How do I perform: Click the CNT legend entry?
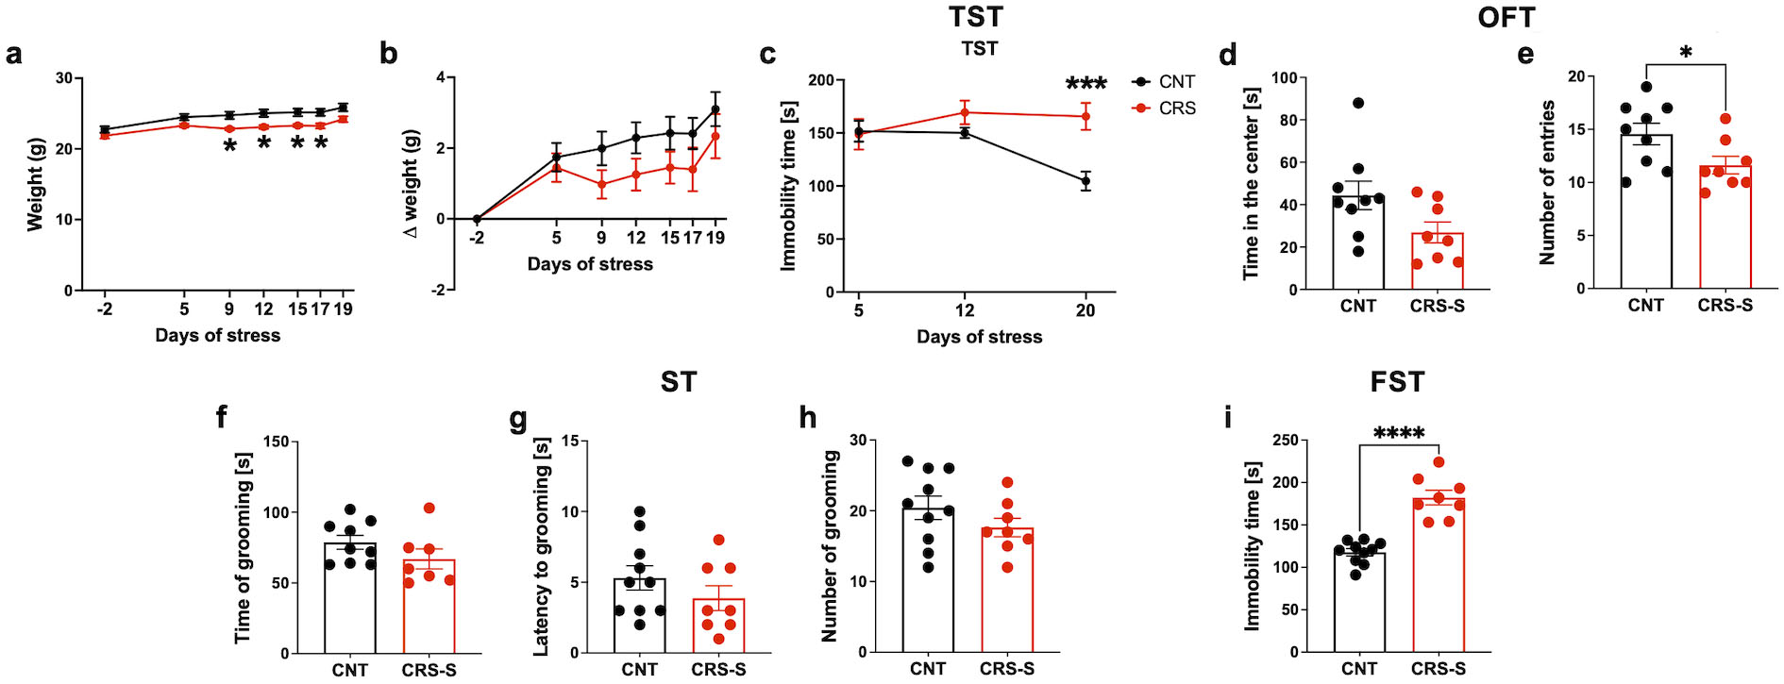pyautogui.click(x=1176, y=82)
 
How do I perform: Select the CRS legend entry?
pyautogui.click(x=1176, y=108)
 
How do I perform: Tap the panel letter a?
pyautogui.click(x=14, y=54)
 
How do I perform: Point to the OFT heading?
pyautogui.click(x=1506, y=17)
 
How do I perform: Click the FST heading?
pyautogui.click(x=1397, y=382)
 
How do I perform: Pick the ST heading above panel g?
pyautogui.click(x=679, y=382)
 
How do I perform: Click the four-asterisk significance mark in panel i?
pyautogui.click(x=1399, y=433)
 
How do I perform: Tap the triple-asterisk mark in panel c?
pyautogui.click(x=1086, y=84)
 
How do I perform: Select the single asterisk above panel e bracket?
pyautogui.click(x=1686, y=53)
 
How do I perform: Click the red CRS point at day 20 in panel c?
pyautogui.click(x=1086, y=117)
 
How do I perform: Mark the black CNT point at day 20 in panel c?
pyautogui.click(x=1086, y=181)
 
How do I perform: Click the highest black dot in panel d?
pyautogui.click(x=1358, y=103)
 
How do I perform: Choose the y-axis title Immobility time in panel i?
pyautogui.click(x=1253, y=546)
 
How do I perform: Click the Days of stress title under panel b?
pyautogui.click(x=590, y=264)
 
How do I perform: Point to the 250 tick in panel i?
pyautogui.click(x=1285, y=441)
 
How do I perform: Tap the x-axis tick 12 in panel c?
pyautogui.click(x=965, y=309)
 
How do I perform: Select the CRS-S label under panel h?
pyautogui.click(x=1006, y=669)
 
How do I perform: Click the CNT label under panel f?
pyautogui.click(x=349, y=670)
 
